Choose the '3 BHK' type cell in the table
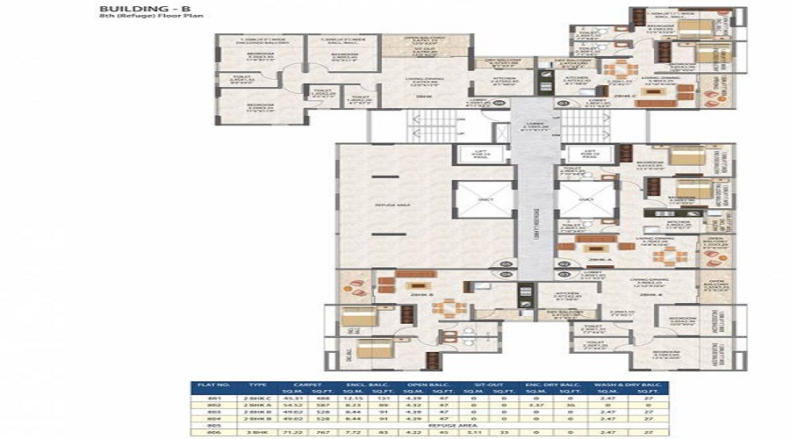(257, 434)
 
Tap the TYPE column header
(257, 385)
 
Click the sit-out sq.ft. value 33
(505, 434)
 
